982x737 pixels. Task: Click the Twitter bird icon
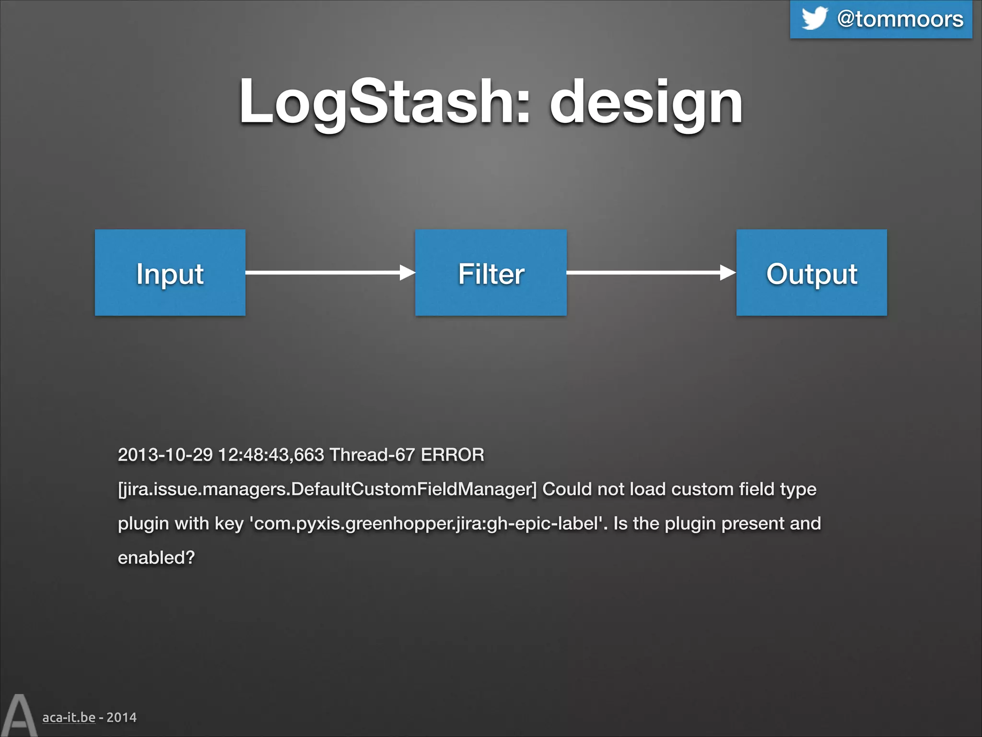pos(814,19)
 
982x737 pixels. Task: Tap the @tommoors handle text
pos(900,19)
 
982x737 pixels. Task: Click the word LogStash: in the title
pos(384,102)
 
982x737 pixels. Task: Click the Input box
pos(170,273)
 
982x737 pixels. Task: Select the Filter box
pos(491,273)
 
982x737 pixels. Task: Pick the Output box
pos(811,273)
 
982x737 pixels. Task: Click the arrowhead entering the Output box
pos(727,273)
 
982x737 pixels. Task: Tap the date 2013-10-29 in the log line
pos(165,454)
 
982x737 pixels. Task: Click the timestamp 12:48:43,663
pos(271,454)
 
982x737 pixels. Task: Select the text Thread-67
pos(372,454)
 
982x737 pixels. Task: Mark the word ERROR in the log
pos(452,454)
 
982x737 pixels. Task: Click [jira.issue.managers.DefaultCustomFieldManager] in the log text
pos(327,489)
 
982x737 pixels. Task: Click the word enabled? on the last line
pos(156,558)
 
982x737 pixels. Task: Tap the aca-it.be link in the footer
pos(69,717)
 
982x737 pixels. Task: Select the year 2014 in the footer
pos(121,717)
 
